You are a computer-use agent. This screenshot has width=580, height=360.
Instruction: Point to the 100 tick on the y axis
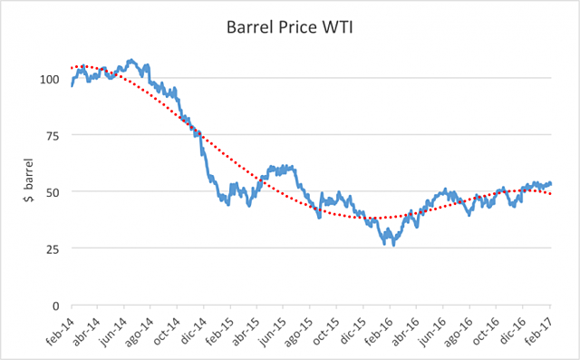click(x=50, y=79)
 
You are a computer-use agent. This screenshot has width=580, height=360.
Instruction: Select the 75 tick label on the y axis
click(x=53, y=135)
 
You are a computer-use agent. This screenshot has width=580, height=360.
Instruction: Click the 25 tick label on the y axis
click(x=53, y=248)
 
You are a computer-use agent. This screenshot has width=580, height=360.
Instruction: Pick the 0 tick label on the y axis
click(x=56, y=306)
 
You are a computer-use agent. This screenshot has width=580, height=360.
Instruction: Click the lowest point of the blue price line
click(x=392, y=245)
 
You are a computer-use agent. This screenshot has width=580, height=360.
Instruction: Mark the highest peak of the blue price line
click(x=131, y=60)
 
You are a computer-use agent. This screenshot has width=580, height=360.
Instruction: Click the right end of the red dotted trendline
click(x=552, y=194)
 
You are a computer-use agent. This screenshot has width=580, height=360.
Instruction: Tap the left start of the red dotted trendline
click(x=72, y=68)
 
